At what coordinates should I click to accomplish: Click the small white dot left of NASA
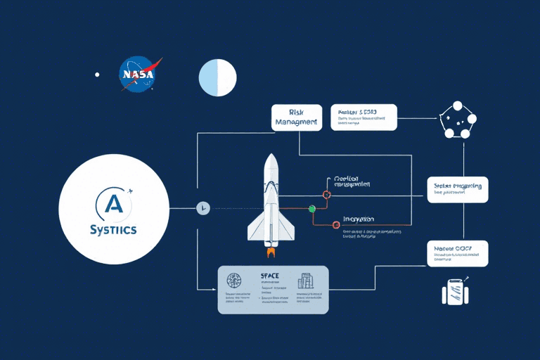click(x=97, y=75)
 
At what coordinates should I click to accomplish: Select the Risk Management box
click(x=296, y=117)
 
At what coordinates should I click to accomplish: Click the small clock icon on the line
click(x=202, y=208)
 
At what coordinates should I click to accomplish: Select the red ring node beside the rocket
click(x=326, y=194)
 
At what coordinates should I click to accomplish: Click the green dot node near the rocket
click(x=311, y=209)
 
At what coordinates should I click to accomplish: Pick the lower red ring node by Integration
click(x=326, y=224)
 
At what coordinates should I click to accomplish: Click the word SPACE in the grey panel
click(x=270, y=275)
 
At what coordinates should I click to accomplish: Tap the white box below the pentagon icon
click(x=457, y=189)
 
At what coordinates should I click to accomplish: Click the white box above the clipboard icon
click(x=457, y=253)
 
